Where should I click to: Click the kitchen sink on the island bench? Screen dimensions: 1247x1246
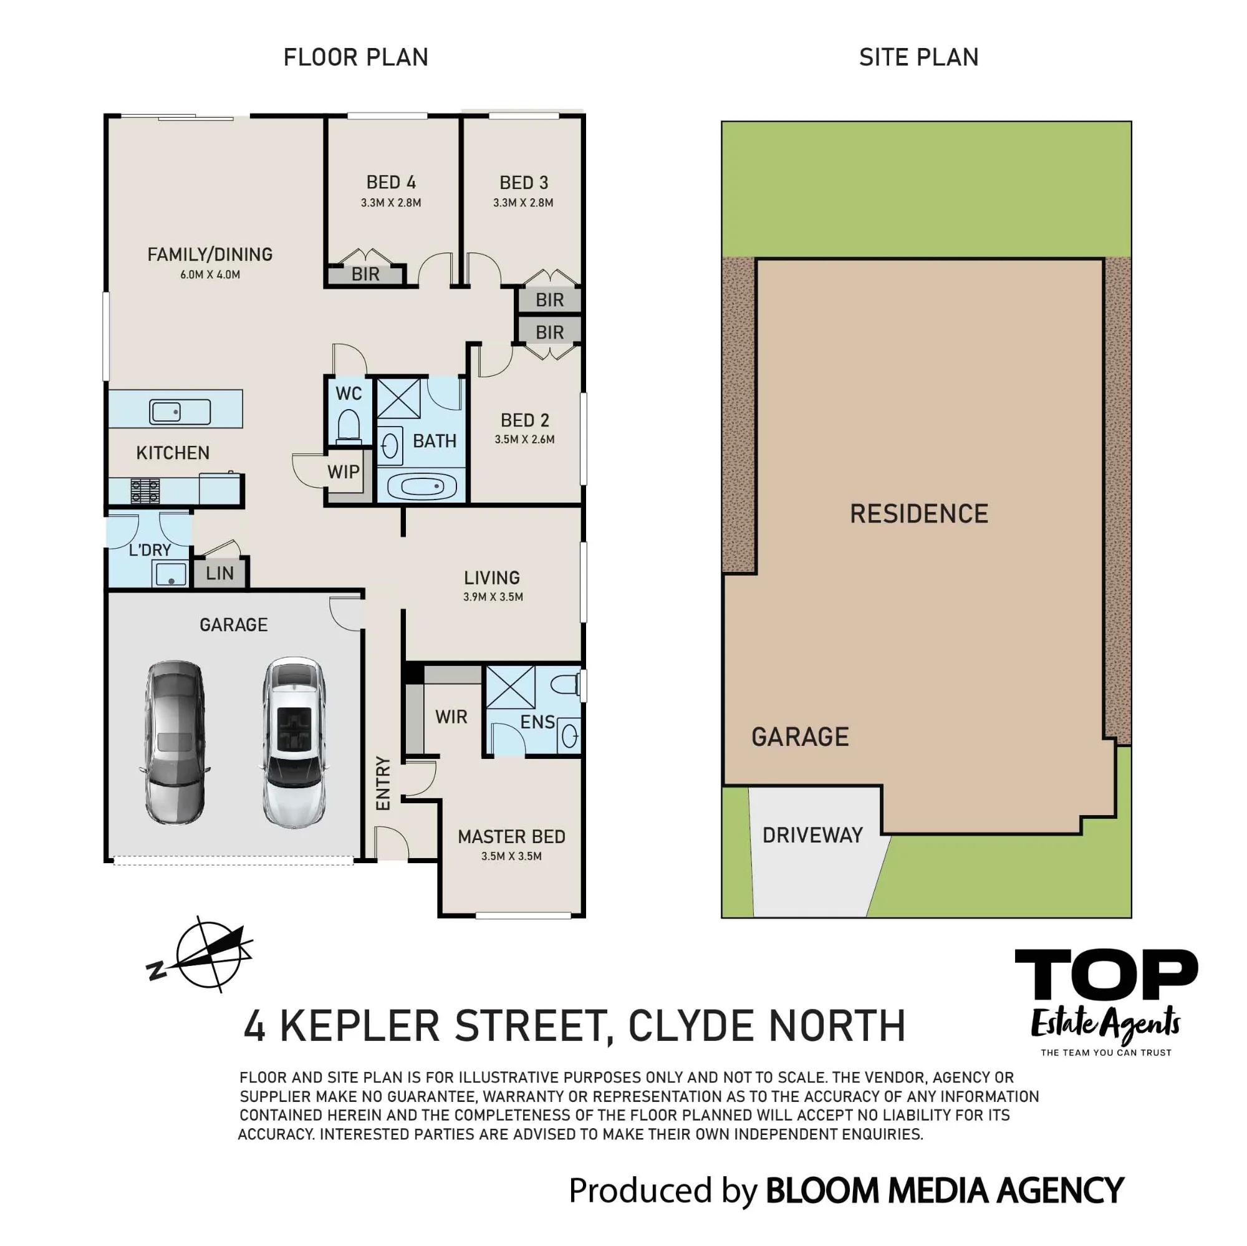click(180, 411)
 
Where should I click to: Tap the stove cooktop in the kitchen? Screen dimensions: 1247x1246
click(145, 491)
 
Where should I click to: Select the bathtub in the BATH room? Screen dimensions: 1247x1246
click(420, 485)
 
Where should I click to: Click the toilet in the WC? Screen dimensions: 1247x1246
click(349, 426)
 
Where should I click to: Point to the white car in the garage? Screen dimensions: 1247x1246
click(294, 743)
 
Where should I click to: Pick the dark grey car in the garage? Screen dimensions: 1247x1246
click(175, 743)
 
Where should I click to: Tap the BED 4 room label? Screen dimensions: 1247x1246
click(391, 182)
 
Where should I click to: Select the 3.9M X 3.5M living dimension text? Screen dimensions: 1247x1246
click(493, 597)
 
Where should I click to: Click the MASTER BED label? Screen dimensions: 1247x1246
click(511, 837)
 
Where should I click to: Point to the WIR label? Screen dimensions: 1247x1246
click(451, 717)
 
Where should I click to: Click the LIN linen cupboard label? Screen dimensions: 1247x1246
click(219, 572)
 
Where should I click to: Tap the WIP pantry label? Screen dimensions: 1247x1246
click(344, 472)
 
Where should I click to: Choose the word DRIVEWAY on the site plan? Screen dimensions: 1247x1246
click(812, 836)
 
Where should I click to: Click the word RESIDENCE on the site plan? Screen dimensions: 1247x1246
click(919, 514)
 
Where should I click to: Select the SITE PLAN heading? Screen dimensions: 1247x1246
click(918, 57)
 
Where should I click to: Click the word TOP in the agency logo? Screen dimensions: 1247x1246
click(1106, 974)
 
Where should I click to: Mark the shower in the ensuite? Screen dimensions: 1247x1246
click(510, 688)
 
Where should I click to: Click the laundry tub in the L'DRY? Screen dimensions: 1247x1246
click(170, 573)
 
